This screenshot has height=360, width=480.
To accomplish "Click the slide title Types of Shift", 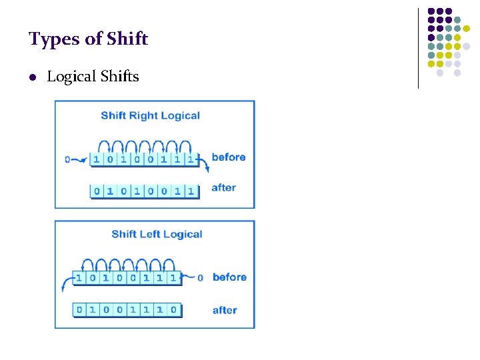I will pyautogui.click(x=88, y=39).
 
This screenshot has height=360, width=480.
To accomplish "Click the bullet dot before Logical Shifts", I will pyautogui.click(x=32, y=77).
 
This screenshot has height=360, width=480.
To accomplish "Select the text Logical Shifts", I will pyautogui.click(x=93, y=77).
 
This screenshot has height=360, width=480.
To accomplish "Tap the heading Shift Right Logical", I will pyautogui.click(x=150, y=116).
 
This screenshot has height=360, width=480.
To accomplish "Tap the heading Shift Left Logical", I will pyautogui.click(x=157, y=234).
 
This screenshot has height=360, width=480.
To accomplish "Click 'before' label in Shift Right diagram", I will pyautogui.click(x=228, y=157).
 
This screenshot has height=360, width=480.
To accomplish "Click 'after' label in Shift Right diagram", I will pyautogui.click(x=223, y=188).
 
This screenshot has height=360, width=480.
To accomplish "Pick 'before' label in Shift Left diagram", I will pyautogui.click(x=229, y=277).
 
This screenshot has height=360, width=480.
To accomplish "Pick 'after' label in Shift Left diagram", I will pyautogui.click(x=225, y=310).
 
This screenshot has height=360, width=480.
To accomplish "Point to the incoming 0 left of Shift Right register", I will pyautogui.click(x=67, y=159).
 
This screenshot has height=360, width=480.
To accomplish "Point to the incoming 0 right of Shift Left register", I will pyautogui.click(x=200, y=278).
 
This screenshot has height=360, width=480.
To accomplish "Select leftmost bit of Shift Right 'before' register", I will pyautogui.click(x=96, y=159).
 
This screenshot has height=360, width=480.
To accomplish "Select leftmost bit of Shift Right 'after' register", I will pyautogui.click(x=97, y=191).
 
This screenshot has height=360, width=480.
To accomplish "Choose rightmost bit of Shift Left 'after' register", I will pyautogui.click(x=173, y=309).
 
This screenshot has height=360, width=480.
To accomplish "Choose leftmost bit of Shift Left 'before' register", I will pyautogui.click(x=79, y=277).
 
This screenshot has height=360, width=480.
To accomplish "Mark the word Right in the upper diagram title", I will pyautogui.click(x=143, y=116).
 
